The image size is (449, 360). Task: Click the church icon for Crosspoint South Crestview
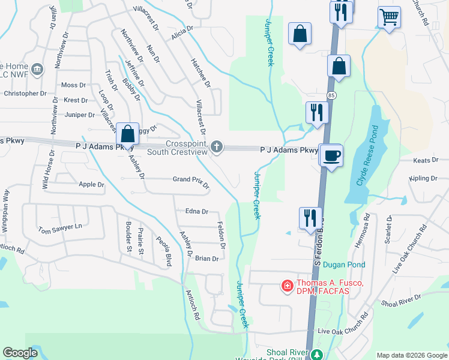pyautogui.click(x=217, y=146)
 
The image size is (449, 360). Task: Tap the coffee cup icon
pyautogui.click(x=331, y=155)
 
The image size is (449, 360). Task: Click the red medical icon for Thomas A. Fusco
pyautogui.click(x=288, y=286)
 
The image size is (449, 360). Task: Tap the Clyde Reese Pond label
pyautogui.click(x=368, y=155)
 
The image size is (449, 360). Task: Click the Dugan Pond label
pyautogui.click(x=344, y=264)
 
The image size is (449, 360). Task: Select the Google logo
pyautogui.click(x=20, y=353)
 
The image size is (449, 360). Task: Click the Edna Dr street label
pyautogui.click(x=196, y=211)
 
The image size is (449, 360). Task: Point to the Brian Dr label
pyautogui.click(x=206, y=259)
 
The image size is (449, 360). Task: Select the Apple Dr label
pyautogui.click(x=91, y=184)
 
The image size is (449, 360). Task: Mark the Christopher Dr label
pyautogui.click(x=25, y=94)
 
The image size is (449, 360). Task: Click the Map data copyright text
pyautogui.click(x=411, y=355)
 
